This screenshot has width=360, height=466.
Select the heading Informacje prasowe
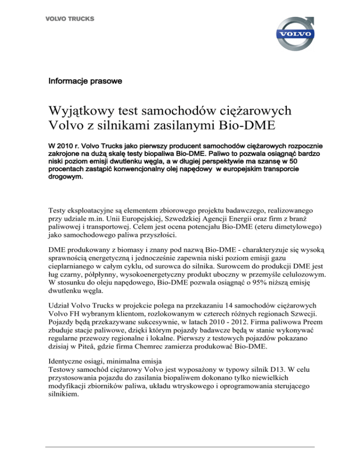(x=85, y=82)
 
